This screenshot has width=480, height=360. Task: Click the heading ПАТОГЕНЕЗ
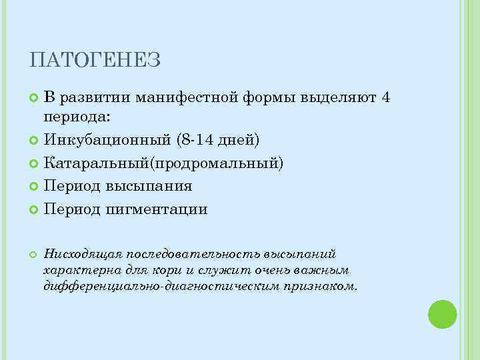95,61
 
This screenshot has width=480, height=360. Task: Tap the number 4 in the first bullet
385,98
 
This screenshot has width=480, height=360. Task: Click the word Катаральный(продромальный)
164,163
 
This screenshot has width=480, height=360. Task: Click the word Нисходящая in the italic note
77,254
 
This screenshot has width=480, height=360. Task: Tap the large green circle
442,314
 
